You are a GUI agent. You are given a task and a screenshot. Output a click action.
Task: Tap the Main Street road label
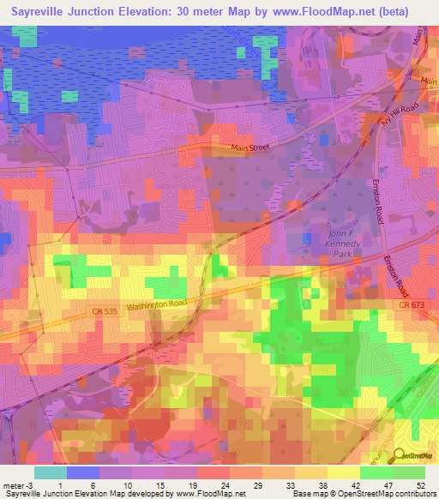coord(250,148)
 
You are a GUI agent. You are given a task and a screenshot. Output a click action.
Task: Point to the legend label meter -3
coord(15,487)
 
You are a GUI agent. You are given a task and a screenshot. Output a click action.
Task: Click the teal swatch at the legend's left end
coord(51,472)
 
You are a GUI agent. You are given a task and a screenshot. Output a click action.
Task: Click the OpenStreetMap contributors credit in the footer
coord(389,495)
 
